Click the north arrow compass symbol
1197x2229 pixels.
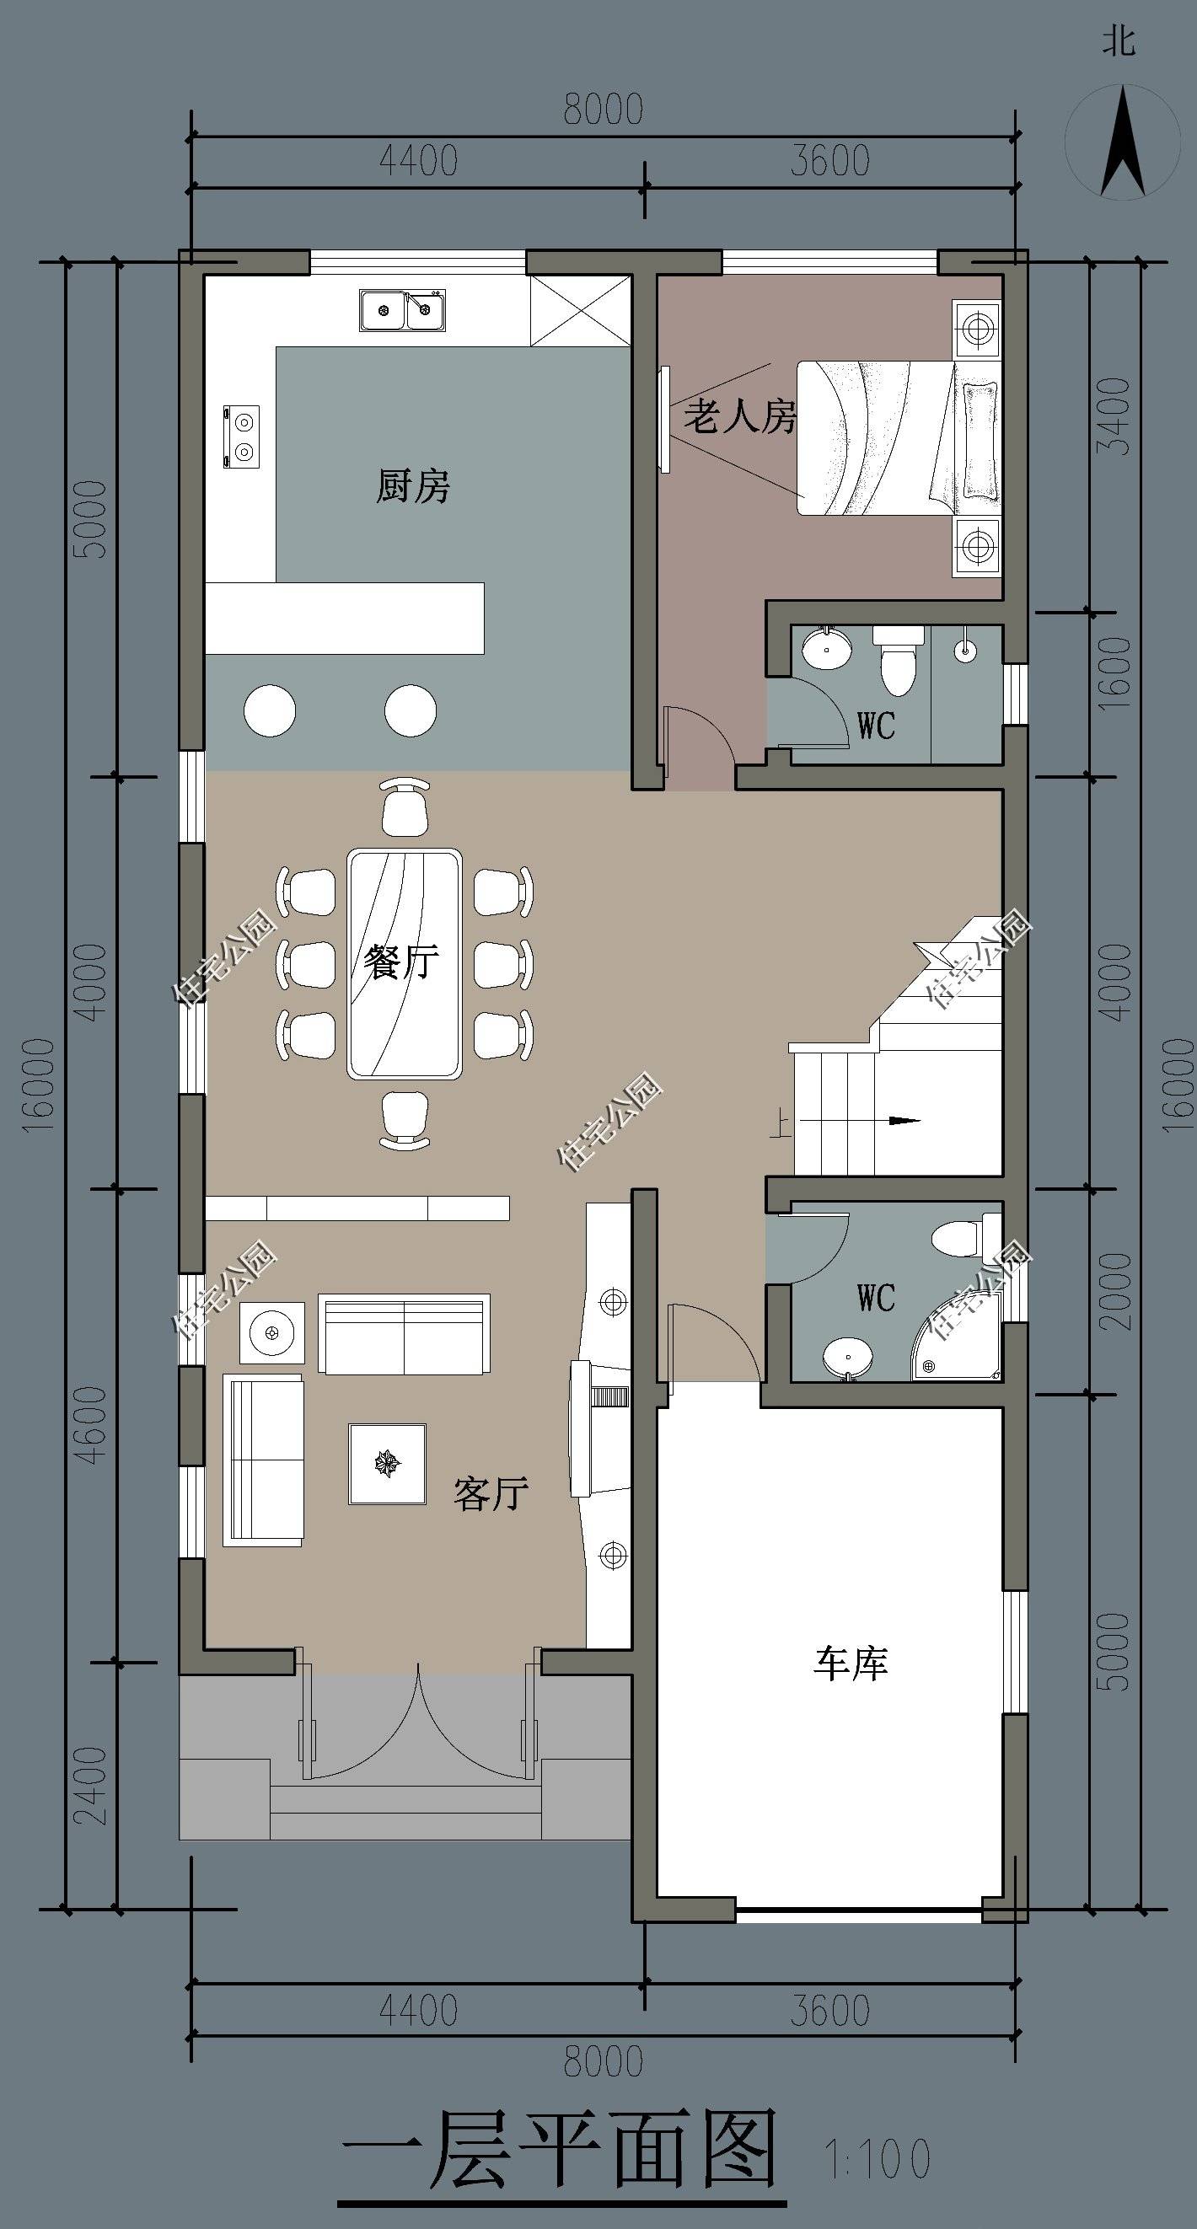(x=1123, y=142)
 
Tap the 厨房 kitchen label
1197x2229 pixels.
(x=413, y=485)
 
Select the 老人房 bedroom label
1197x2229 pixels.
(x=740, y=416)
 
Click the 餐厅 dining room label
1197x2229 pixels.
(x=401, y=962)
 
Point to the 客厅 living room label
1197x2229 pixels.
(x=491, y=1493)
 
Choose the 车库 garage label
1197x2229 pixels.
(x=851, y=1663)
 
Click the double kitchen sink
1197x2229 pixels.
(x=403, y=311)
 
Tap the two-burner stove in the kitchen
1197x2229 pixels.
(x=241, y=437)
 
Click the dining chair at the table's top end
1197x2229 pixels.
(x=405, y=806)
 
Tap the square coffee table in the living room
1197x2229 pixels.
(x=387, y=1464)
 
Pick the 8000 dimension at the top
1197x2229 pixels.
(x=604, y=110)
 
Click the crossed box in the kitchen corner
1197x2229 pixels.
(x=579, y=311)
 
